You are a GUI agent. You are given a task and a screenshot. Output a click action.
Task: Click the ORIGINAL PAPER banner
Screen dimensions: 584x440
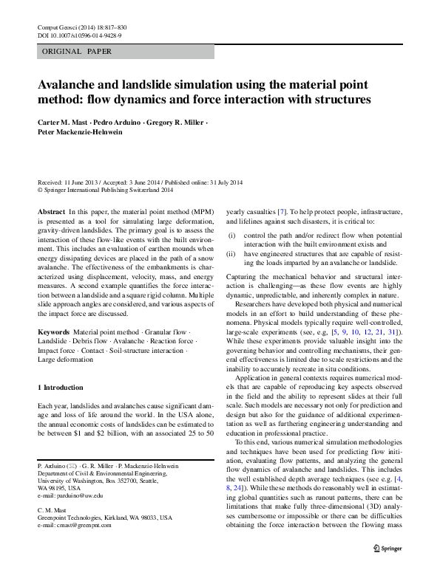point(78,52)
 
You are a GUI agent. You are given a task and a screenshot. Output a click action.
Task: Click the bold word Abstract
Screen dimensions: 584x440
point(50,211)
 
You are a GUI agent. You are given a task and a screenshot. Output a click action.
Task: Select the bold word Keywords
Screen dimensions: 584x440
point(53,334)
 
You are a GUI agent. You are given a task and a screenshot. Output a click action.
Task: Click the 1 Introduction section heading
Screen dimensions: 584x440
point(60,388)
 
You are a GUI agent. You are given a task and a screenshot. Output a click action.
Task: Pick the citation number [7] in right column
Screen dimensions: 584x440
point(282,211)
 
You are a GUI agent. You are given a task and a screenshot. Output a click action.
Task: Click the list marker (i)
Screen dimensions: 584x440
point(231,235)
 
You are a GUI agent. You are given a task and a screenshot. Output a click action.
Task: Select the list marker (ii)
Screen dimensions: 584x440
point(231,253)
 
